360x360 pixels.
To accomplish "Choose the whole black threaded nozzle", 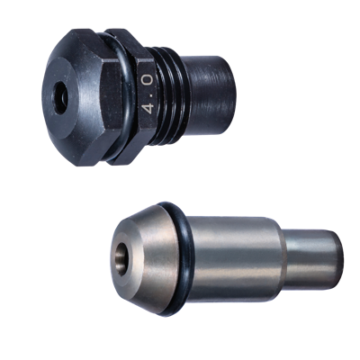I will [x=144, y=94].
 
